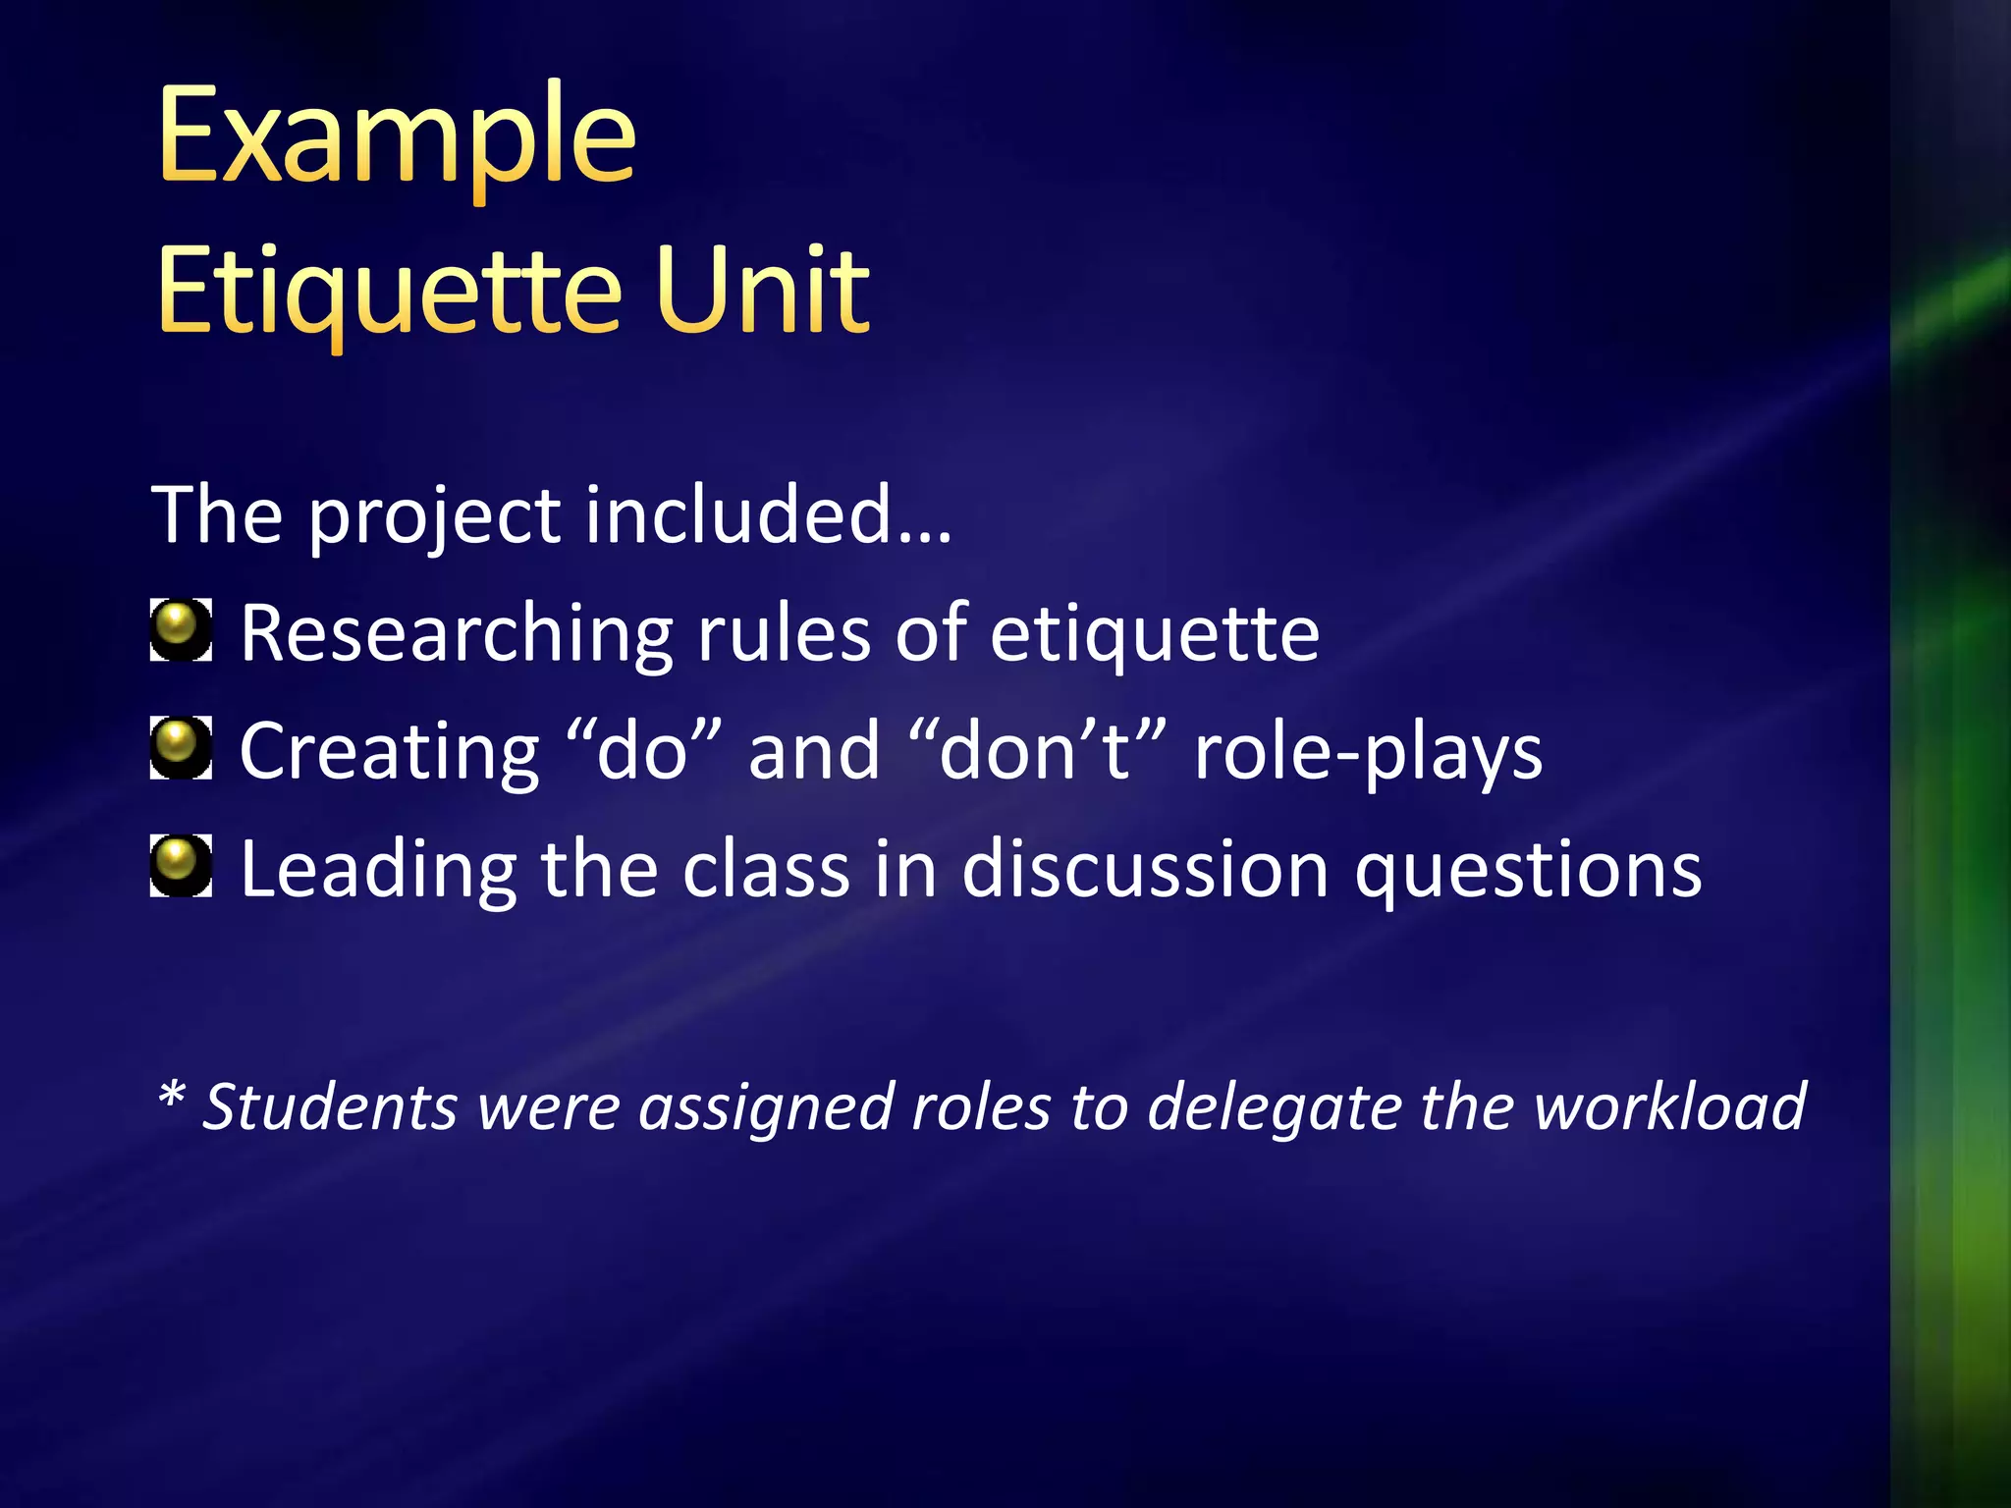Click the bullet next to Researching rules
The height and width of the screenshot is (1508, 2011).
(x=181, y=630)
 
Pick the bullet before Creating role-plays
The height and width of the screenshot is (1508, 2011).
(x=181, y=748)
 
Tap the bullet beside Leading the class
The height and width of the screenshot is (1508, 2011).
(x=181, y=866)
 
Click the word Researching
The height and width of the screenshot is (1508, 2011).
(x=457, y=634)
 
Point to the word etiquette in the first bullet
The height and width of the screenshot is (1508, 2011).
(x=1154, y=634)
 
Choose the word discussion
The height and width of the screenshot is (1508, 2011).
(x=1145, y=870)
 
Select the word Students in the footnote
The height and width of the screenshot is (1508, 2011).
(x=330, y=1107)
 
